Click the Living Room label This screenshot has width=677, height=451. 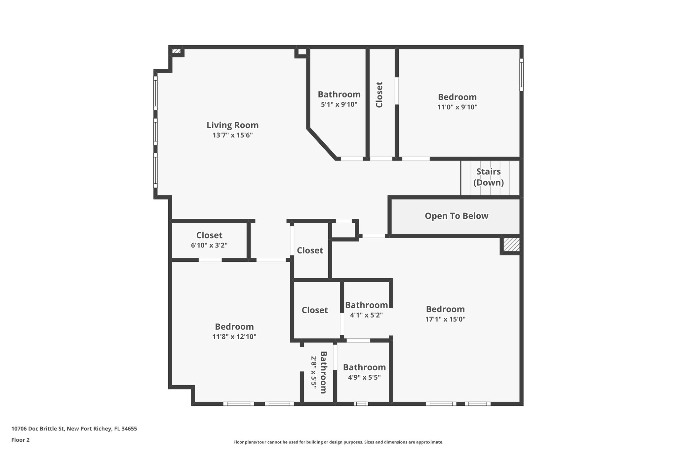pyautogui.click(x=232, y=125)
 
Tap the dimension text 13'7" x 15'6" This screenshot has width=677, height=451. pyautogui.click(x=232, y=135)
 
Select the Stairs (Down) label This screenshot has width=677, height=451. pyautogui.click(x=488, y=177)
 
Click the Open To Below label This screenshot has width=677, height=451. pyautogui.click(x=456, y=216)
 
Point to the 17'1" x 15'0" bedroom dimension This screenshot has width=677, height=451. pyautogui.click(x=445, y=319)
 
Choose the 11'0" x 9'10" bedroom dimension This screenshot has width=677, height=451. pyautogui.click(x=457, y=107)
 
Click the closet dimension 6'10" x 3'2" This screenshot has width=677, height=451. pyautogui.click(x=209, y=245)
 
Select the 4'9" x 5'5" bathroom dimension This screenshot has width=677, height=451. pyautogui.click(x=364, y=377)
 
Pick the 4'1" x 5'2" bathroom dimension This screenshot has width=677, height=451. pyautogui.click(x=366, y=315)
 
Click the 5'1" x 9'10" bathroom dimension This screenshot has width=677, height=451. pyautogui.click(x=339, y=104)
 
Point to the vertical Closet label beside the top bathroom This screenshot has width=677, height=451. pyautogui.click(x=379, y=94)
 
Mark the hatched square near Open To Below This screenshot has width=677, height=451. pyautogui.click(x=511, y=245)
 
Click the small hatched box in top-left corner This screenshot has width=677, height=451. pyautogui.click(x=177, y=51)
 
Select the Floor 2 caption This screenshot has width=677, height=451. pyautogui.click(x=20, y=440)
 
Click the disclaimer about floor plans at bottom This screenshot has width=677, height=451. pyautogui.click(x=338, y=442)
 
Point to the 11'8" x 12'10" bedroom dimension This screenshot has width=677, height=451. pyautogui.click(x=234, y=337)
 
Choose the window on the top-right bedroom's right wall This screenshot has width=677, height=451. pyautogui.click(x=521, y=75)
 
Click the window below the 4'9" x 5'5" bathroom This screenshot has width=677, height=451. pyautogui.click(x=361, y=403)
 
